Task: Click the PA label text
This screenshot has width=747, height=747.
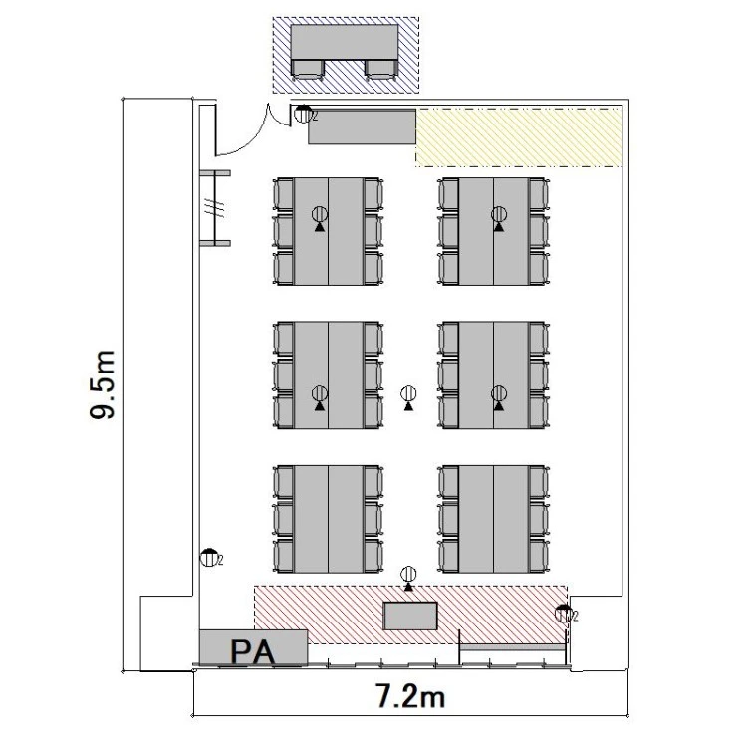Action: tap(253, 652)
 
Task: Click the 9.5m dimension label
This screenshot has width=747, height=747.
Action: tap(103, 384)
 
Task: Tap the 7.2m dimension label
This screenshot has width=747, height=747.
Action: tap(410, 696)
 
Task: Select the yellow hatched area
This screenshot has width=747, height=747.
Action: tap(519, 137)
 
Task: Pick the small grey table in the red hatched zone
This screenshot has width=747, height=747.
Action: tap(410, 616)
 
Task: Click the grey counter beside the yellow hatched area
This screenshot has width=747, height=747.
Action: tap(363, 126)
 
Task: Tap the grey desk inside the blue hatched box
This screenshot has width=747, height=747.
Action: tap(345, 43)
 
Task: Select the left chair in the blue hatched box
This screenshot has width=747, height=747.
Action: tap(308, 70)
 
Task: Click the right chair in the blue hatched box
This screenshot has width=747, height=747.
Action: tap(381, 70)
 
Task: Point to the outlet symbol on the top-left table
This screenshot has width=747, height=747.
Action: tap(320, 219)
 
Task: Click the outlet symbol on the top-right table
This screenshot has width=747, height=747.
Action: tap(499, 219)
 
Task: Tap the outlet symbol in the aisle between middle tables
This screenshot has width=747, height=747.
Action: tap(408, 398)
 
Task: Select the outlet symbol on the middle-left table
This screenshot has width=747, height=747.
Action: tap(320, 398)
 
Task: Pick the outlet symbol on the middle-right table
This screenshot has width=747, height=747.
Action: tap(499, 398)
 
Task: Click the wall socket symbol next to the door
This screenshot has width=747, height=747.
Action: tap(303, 115)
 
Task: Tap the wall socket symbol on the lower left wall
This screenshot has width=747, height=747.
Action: tap(209, 558)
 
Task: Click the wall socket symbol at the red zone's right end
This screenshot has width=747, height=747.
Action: tap(564, 614)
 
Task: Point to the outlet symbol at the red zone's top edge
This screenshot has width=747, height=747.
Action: tap(408, 579)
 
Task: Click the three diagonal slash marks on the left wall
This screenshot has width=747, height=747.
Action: tap(215, 208)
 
